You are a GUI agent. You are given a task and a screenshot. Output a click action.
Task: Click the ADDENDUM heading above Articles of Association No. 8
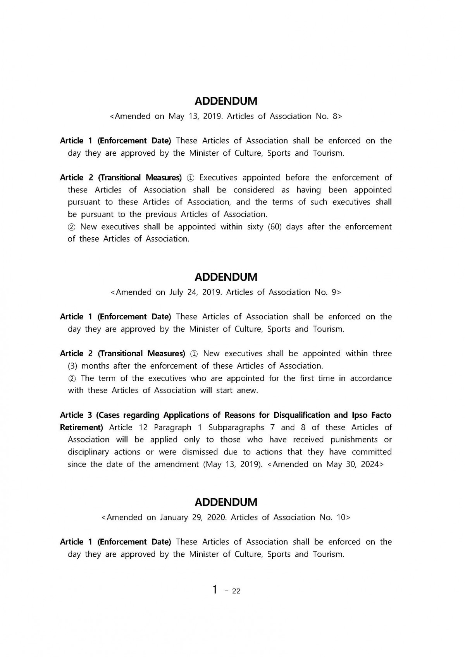pyautogui.click(x=226, y=101)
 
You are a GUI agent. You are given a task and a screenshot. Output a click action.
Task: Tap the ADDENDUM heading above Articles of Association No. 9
pyautogui.click(x=226, y=277)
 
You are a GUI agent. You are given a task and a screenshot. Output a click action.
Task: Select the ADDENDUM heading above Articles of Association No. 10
pyautogui.click(x=226, y=503)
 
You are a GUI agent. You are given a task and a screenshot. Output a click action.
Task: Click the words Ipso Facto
pyautogui.click(x=372, y=415)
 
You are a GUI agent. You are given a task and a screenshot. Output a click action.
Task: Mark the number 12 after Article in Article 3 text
pyautogui.click(x=143, y=427)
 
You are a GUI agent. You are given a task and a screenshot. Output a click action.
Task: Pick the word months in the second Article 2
pyautogui.click(x=95, y=366)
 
